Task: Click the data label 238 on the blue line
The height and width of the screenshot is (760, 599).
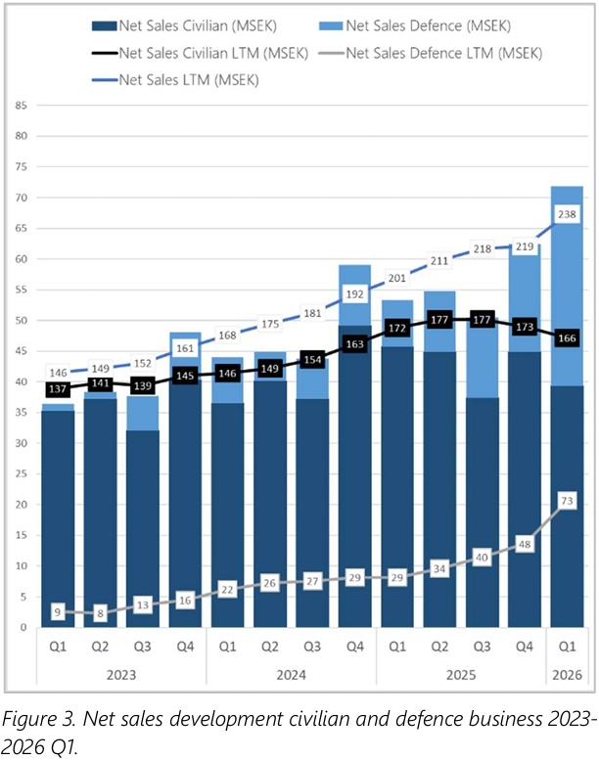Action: click(x=567, y=214)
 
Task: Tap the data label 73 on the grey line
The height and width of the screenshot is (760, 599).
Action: click(x=567, y=501)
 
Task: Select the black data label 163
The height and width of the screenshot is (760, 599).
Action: click(x=354, y=344)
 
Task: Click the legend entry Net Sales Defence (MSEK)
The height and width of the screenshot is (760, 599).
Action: click(x=415, y=25)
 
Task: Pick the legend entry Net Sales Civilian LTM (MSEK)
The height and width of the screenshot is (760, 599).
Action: click(x=200, y=53)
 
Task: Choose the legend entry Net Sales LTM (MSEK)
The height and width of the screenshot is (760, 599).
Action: click(x=175, y=80)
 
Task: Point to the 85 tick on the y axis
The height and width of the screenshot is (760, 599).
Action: click(x=21, y=106)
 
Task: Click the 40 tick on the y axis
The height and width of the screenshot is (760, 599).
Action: click(x=21, y=381)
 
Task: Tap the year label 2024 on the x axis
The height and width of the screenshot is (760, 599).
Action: click(x=291, y=675)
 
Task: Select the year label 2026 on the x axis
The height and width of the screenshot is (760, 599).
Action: click(x=567, y=675)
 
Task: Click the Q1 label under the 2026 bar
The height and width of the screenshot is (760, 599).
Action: click(x=567, y=647)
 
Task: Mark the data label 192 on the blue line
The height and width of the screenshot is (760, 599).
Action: click(x=354, y=293)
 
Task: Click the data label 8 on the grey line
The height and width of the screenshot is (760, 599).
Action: click(x=100, y=613)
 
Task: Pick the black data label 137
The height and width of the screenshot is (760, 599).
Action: click(x=57, y=388)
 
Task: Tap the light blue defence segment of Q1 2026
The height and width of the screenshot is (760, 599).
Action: click(x=567, y=286)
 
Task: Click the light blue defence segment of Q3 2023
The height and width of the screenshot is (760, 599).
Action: click(x=143, y=413)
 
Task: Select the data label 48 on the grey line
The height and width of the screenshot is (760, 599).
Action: click(x=525, y=544)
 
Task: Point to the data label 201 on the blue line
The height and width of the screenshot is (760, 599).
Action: click(x=396, y=278)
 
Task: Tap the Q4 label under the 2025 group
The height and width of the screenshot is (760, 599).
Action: click(x=525, y=647)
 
